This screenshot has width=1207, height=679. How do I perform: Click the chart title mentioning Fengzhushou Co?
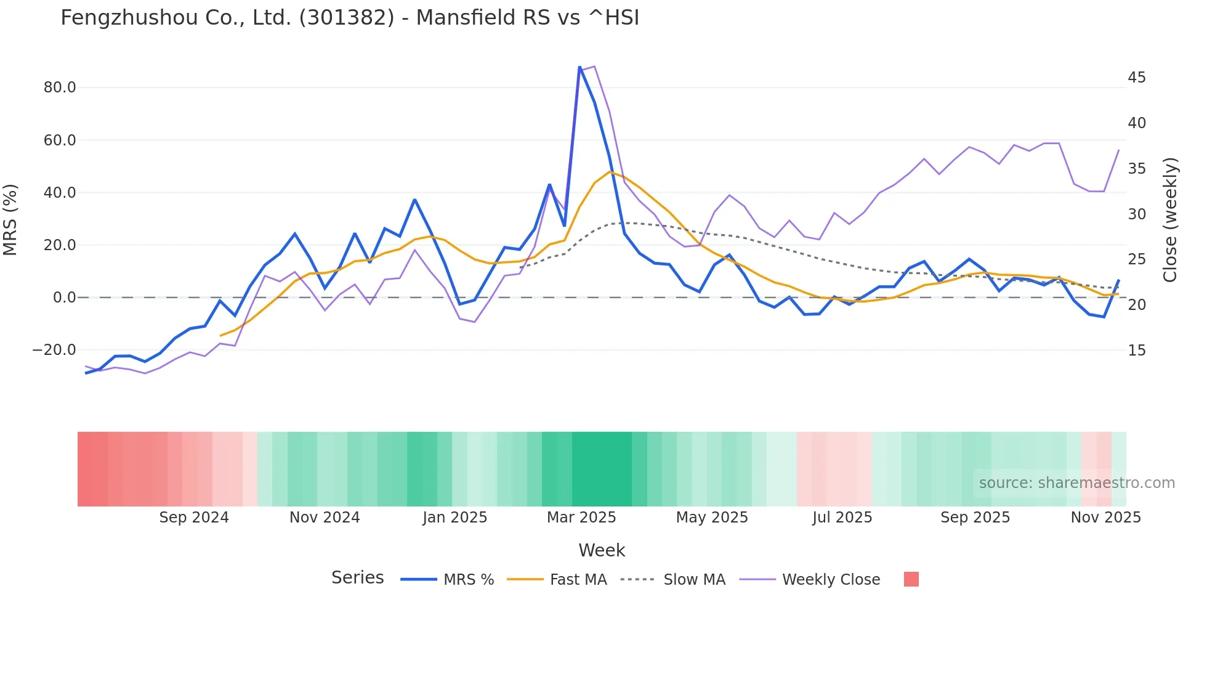pyautogui.click(x=350, y=18)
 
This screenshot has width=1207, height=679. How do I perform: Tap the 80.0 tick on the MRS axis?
pyautogui.click(x=60, y=87)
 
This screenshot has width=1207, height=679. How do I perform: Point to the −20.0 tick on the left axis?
pyautogui.click(x=54, y=350)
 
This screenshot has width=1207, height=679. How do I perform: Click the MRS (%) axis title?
pyautogui.click(x=10, y=220)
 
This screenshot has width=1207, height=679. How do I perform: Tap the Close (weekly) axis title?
pyautogui.click(x=1170, y=220)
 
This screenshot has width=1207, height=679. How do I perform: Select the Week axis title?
pyautogui.click(x=602, y=550)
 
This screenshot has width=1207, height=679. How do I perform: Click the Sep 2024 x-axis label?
pyautogui.click(x=194, y=518)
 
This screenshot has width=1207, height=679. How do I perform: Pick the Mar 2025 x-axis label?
pyautogui.click(x=581, y=518)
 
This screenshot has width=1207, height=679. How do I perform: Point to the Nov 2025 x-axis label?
pyautogui.click(x=1105, y=518)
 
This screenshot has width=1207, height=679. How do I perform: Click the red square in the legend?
pyautogui.click(x=911, y=579)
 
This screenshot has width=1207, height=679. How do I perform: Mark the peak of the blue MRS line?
pyautogui.click(x=579, y=67)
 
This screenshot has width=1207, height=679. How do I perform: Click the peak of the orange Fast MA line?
pyautogui.click(x=610, y=172)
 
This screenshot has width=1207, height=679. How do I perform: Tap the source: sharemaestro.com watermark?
pyautogui.click(x=1076, y=483)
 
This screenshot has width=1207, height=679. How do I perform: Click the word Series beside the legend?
pyautogui.click(x=357, y=578)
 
